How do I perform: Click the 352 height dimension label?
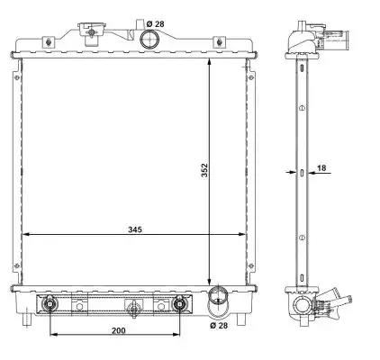click(x=204, y=170)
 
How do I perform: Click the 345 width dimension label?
click(x=135, y=229)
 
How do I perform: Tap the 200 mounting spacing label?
click(x=119, y=330)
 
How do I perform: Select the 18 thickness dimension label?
click(x=321, y=167)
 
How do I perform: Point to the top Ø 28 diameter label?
click(x=156, y=24)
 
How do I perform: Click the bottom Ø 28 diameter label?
click(x=219, y=325)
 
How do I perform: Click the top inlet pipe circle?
click(x=149, y=39)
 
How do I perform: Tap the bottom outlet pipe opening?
click(x=218, y=295)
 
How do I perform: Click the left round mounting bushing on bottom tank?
click(x=50, y=303)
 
